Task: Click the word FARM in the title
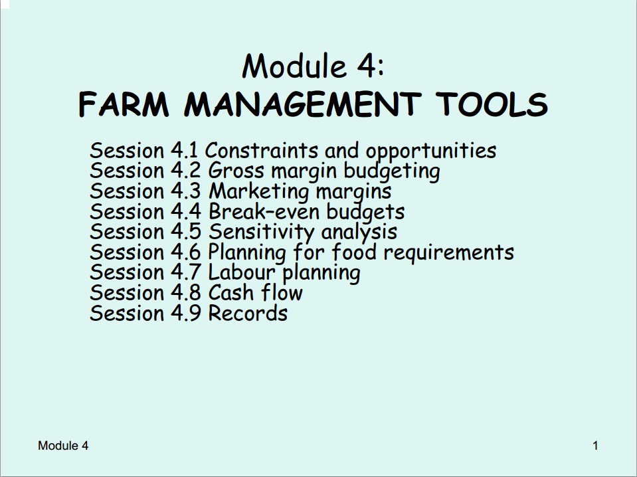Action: (124, 104)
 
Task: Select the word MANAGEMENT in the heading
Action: (303, 104)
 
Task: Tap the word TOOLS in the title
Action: (492, 104)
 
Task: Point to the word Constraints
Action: (261, 150)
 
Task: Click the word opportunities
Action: (431, 151)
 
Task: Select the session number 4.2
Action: (186, 171)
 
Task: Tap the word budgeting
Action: (392, 171)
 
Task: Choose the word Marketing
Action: (259, 192)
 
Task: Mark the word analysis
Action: (359, 233)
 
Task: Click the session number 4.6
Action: (186, 252)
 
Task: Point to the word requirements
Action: (449, 252)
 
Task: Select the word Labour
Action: (242, 272)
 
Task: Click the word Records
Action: (248, 313)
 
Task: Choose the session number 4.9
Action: (186, 313)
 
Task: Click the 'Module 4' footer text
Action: (63, 446)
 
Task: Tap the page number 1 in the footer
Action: (596, 446)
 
